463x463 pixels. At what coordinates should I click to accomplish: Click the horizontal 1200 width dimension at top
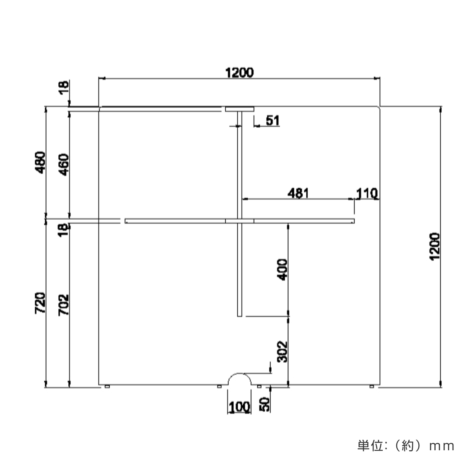(240, 73)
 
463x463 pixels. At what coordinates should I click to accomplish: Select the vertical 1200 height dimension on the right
(434, 247)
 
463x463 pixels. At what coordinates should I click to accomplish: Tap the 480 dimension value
(41, 162)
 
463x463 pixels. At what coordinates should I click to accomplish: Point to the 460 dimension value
(64, 164)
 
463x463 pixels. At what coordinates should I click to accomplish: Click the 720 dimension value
(41, 303)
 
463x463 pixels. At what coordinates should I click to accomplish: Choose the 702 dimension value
(64, 305)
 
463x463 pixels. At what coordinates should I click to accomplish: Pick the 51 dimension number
(272, 121)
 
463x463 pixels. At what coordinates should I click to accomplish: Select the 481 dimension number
(298, 193)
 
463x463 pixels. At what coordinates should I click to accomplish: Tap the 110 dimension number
(367, 193)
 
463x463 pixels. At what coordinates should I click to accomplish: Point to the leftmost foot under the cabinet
(107, 386)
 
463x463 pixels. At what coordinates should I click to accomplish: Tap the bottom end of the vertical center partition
(240, 315)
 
